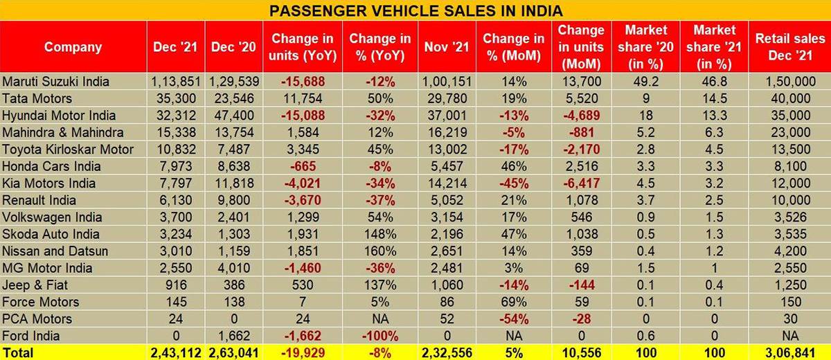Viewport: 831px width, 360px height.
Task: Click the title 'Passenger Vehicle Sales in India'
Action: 415,10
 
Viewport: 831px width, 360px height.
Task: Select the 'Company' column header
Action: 73,47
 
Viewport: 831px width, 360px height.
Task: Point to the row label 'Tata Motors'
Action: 36,99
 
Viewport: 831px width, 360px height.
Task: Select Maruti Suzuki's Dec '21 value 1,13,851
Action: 176,82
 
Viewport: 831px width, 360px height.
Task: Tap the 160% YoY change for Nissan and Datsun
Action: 379,251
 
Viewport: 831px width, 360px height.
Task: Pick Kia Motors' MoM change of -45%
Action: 513,183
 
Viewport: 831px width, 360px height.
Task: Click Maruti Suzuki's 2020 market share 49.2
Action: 646,82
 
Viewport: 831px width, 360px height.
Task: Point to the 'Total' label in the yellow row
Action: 19,352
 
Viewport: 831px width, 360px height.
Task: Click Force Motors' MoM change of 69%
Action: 513,302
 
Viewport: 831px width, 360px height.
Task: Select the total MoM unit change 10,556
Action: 581,352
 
